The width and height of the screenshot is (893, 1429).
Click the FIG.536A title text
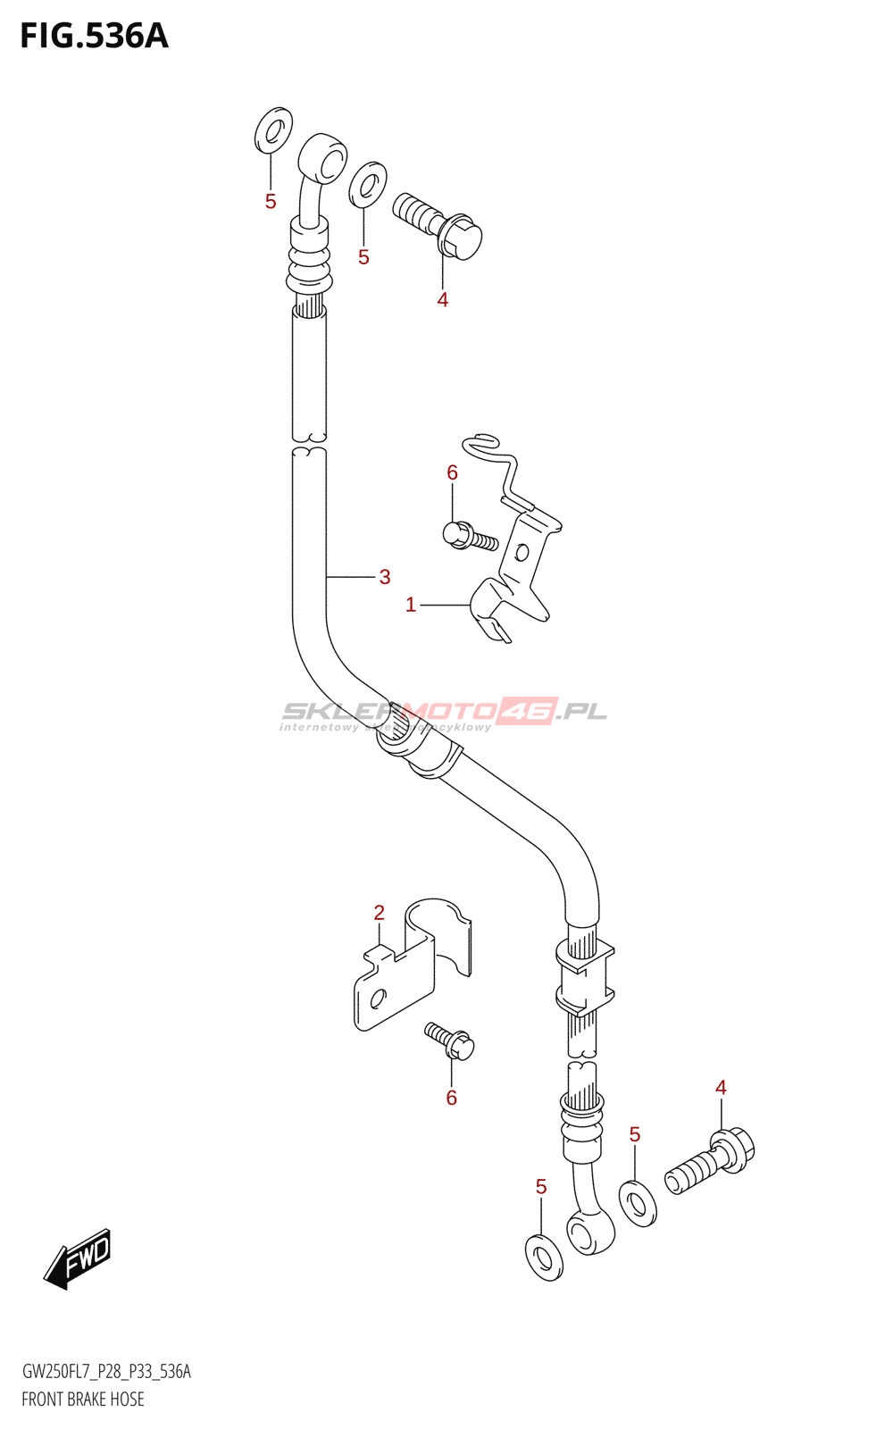[x=94, y=36]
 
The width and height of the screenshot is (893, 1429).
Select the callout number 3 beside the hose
[x=385, y=577]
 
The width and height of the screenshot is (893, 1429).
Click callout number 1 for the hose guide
[x=411, y=606]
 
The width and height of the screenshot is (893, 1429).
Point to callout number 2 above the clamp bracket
[x=380, y=913]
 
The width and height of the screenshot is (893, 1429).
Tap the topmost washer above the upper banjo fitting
[x=273, y=130]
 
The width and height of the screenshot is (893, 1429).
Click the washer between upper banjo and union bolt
[x=367, y=184]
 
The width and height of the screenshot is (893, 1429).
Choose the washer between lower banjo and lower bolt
[x=638, y=1203]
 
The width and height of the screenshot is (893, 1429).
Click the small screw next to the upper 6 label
[x=470, y=536]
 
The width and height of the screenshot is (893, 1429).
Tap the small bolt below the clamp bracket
[x=451, y=1041]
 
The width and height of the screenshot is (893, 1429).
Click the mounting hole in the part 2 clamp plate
[x=378, y=998]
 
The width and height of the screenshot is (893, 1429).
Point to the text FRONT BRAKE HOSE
[x=83, y=1400]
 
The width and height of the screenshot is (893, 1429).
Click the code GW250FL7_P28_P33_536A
[x=106, y=1372]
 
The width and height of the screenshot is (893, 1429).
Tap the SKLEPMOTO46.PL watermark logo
[x=445, y=713]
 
